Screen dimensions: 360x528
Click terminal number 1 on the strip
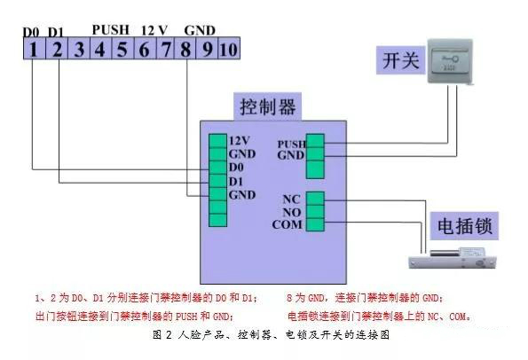click(x=33, y=50)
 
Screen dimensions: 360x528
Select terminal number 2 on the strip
click(x=55, y=50)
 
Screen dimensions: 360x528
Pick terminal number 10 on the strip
click(x=229, y=50)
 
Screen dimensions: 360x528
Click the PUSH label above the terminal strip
click(x=110, y=29)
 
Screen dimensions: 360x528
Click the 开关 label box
click(x=391, y=62)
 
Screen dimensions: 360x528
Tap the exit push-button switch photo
click(x=453, y=61)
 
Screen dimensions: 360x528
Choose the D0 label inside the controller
click(x=237, y=167)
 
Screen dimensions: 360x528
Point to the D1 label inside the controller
click(x=237, y=180)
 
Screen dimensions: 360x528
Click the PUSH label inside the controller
click(x=290, y=144)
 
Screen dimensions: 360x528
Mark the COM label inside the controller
click(x=289, y=224)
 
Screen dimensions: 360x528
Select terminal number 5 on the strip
click(x=121, y=50)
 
